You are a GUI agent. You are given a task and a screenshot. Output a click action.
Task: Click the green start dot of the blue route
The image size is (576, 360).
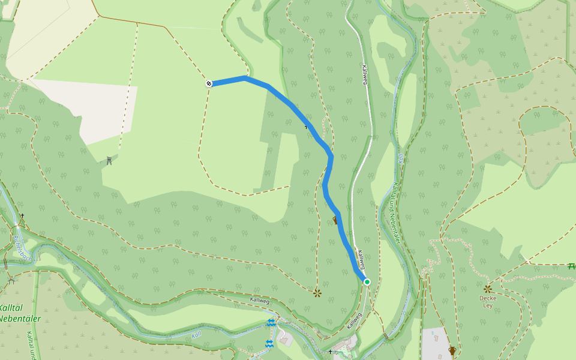(367, 281)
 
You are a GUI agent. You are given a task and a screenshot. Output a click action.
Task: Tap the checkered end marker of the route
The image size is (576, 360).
(208, 83)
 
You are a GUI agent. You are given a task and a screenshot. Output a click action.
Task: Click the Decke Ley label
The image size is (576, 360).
(488, 301)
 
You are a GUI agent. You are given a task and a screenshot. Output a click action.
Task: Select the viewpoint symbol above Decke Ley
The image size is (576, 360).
(487, 289)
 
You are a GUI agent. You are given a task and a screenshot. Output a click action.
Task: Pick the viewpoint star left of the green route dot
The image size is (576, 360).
(317, 293)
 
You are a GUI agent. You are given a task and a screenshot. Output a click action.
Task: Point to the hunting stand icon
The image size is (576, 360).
(109, 160)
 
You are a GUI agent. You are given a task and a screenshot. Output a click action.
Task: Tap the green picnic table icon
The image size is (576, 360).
(571, 266)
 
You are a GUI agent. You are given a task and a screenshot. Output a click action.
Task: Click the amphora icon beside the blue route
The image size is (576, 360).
(335, 220)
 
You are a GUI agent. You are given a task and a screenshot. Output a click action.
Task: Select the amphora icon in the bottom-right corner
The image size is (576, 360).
(452, 350)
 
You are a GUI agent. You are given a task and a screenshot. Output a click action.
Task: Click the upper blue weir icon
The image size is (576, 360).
(271, 323)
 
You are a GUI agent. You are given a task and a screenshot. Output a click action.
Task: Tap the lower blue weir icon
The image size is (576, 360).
(269, 344)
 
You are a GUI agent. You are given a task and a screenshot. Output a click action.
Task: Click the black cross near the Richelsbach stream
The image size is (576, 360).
(22, 215)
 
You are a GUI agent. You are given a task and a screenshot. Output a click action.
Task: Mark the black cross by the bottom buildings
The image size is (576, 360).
(330, 352)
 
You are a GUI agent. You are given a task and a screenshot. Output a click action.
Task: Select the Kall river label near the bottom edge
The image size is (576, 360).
(196, 335)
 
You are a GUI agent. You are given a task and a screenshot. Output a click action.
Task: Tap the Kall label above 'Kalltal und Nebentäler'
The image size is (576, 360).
(400, 160)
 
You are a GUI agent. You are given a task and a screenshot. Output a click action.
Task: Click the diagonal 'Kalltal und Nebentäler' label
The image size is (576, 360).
(395, 213)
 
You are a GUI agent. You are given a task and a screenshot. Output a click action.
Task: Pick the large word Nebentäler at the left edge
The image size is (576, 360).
(20, 319)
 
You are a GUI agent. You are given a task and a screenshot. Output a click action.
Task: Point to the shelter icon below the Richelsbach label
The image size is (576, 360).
(11, 280)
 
